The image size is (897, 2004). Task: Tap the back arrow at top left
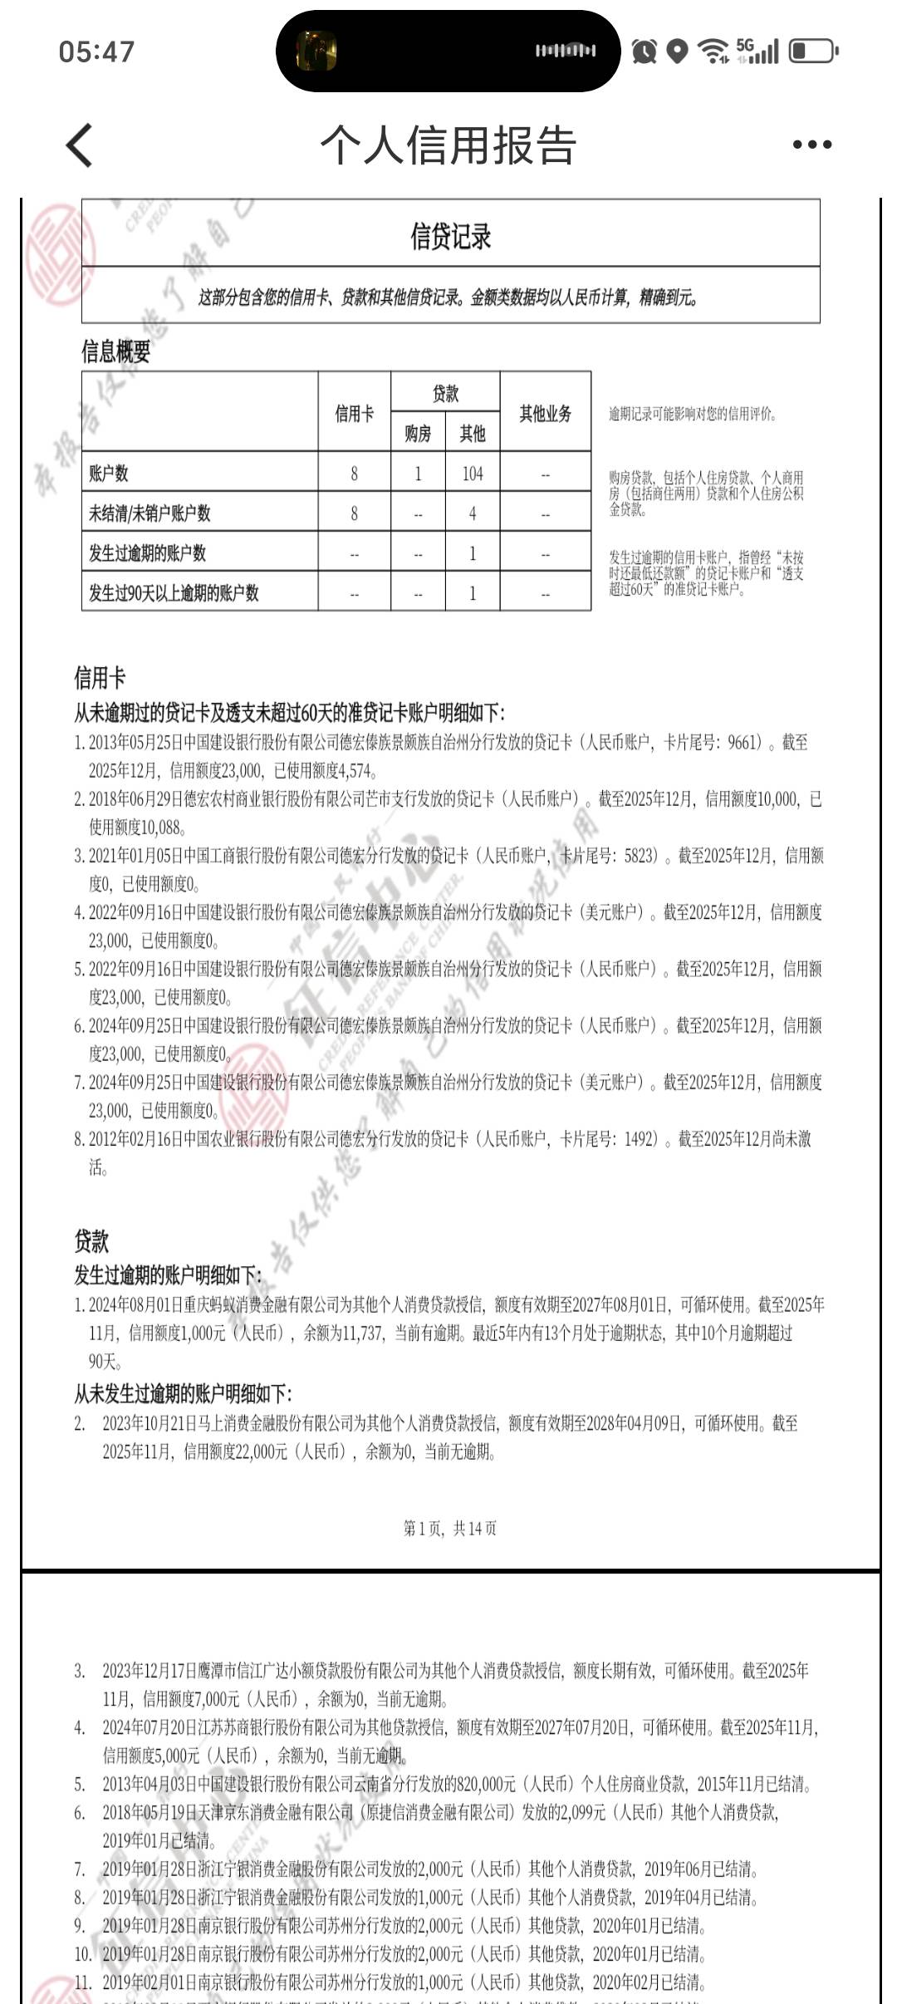(80, 145)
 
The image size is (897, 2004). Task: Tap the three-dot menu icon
(811, 145)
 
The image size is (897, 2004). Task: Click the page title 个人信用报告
(448, 145)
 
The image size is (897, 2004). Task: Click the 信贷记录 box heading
(450, 236)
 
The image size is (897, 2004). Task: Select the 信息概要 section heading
(115, 351)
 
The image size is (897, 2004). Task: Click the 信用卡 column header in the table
(354, 413)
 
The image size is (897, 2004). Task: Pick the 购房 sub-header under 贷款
(418, 433)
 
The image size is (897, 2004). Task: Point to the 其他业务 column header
(545, 413)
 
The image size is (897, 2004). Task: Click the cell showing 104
(472, 473)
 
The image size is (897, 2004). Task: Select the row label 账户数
(109, 473)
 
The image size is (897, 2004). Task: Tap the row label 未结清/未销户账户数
(149, 513)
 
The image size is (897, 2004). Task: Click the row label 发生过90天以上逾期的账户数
(174, 592)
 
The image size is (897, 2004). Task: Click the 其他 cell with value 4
(472, 513)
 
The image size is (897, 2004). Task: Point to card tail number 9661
(743, 742)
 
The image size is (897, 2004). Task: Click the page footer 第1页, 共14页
(449, 1527)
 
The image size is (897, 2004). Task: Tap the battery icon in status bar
(813, 51)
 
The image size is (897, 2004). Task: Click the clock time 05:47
(96, 52)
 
